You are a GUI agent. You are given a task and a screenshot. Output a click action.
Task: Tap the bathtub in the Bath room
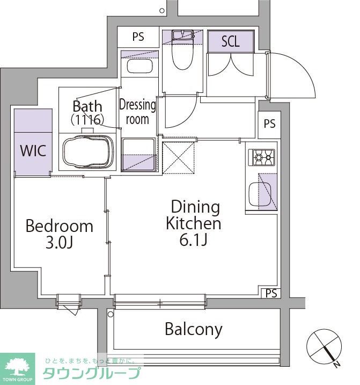tap(87, 152)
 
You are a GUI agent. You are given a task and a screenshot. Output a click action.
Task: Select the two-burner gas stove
tap(261, 157)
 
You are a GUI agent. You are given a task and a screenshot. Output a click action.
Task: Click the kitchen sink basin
tap(260, 194)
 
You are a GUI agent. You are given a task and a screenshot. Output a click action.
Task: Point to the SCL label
tap(230, 41)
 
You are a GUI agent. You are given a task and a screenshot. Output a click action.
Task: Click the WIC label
tap(33, 150)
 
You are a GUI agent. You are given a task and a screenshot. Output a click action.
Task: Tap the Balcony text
tap(194, 330)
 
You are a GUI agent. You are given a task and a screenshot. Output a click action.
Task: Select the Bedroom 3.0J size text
tap(59, 243)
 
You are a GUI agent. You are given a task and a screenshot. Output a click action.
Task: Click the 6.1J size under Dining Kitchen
tap(194, 239)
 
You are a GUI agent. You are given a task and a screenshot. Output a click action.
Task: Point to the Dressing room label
tap(137, 112)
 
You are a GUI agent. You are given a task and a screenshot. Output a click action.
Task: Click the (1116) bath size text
tap(87, 120)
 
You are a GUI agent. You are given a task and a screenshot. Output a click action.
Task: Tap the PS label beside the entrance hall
tap(269, 124)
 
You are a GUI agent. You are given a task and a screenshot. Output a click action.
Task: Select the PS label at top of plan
tap(138, 37)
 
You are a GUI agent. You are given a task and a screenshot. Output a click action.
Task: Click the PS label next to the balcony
tap(271, 293)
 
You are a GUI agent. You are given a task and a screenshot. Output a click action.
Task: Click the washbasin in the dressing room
tap(139, 66)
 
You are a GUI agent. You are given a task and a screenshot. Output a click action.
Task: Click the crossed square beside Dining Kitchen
tap(179, 158)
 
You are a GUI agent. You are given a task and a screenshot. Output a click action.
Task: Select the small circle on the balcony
tap(111, 314)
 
